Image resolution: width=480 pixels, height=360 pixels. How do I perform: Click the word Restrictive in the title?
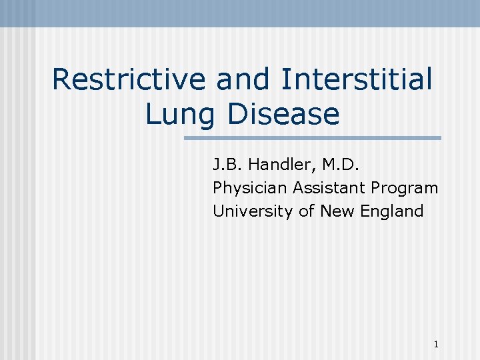[x=130, y=80]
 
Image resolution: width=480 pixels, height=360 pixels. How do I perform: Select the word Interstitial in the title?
[x=357, y=80]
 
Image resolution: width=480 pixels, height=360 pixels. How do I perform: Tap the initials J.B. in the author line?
[x=226, y=164]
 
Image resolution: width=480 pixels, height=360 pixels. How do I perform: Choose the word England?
[x=391, y=212]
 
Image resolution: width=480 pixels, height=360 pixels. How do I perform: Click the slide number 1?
[x=435, y=345]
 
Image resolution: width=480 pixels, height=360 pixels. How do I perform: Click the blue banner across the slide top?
[x=240, y=13]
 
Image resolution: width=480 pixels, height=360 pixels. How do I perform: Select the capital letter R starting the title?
[x=61, y=80]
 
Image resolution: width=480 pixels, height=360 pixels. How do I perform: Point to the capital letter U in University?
[x=218, y=211]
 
